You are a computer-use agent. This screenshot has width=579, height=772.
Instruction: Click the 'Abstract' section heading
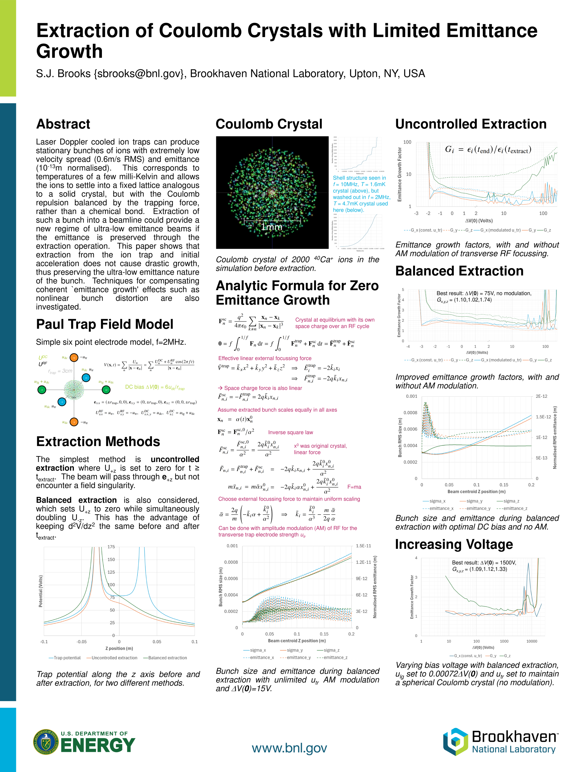[x=63, y=124]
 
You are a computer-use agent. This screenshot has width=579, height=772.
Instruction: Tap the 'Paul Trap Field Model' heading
[x=105, y=324]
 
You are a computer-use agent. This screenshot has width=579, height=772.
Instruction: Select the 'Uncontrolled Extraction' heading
[x=471, y=124]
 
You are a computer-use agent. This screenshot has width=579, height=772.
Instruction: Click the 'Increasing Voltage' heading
[x=454, y=544]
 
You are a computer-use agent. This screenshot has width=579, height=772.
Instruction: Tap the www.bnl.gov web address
[x=289, y=748]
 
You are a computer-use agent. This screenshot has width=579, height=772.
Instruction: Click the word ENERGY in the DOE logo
[x=98, y=746]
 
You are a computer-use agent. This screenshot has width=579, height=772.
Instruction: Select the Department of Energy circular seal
[x=46, y=742]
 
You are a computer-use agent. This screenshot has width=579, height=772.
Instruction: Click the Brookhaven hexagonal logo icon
[x=455, y=742]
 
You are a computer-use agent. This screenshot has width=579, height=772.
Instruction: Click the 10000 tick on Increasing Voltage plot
[x=532, y=641]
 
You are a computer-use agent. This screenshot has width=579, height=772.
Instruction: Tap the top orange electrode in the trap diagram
[x=74, y=357]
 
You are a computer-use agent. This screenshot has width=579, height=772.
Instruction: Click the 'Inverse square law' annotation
[x=290, y=432]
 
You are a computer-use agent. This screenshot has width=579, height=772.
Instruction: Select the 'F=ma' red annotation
[x=354, y=487]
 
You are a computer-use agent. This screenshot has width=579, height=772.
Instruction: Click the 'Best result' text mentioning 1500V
[x=484, y=563]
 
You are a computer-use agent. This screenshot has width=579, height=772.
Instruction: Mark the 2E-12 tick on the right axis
[x=541, y=396]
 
